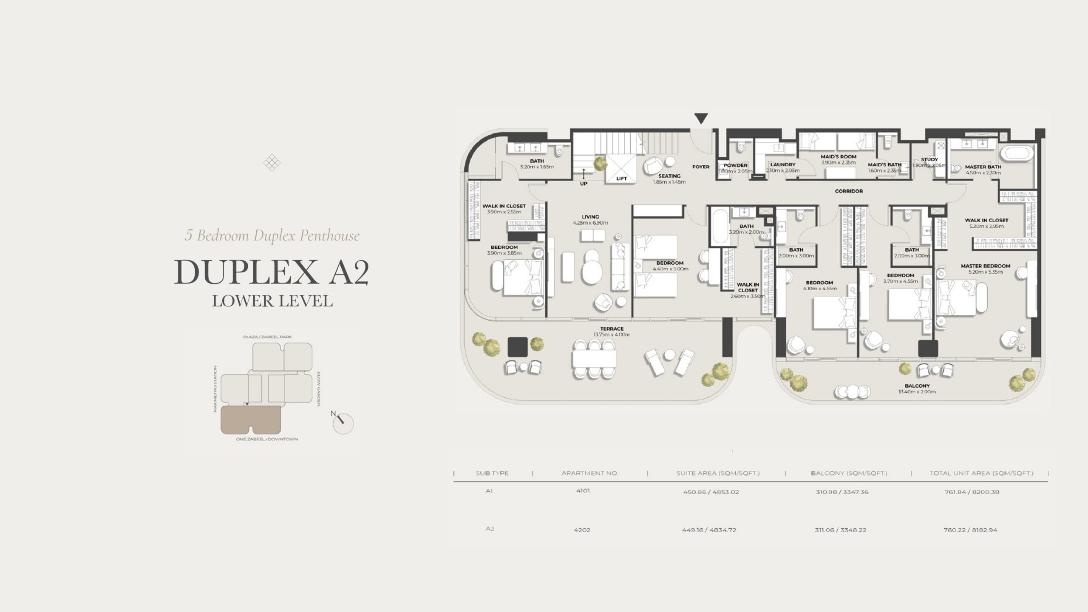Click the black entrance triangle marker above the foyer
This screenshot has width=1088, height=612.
[x=701, y=118]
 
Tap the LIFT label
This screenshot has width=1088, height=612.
[x=621, y=178]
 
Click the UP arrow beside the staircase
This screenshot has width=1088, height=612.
[x=584, y=174]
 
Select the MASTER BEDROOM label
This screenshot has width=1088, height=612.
[x=985, y=266]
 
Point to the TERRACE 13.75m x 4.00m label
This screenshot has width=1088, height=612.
[x=612, y=331]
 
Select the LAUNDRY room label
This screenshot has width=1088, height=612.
[x=782, y=164]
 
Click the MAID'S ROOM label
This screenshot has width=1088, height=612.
[x=838, y=156]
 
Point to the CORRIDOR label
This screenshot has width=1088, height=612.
[x=848, y=191]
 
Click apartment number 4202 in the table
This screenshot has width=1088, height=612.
[x=582, y=530]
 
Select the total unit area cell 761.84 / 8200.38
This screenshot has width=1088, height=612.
[x=971, y=492]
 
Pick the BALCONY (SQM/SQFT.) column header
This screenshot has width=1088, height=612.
[x=849, y=473]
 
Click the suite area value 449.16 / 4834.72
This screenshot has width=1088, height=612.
[x=709, y=530]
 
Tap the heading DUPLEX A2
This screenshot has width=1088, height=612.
[x=272, y=272]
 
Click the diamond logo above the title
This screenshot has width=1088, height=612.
[x=272, y=163]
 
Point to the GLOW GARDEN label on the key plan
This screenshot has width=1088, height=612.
[x=318, y=389]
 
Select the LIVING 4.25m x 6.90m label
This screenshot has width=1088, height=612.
[x=590, y=219]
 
